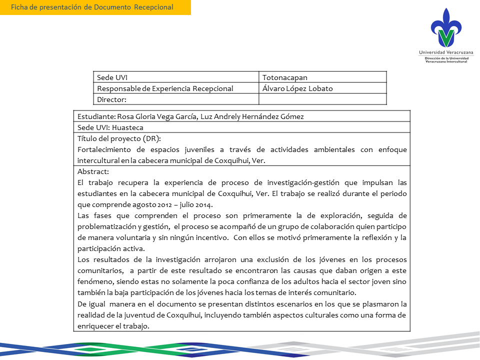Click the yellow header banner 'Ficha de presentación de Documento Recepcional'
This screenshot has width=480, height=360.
coord(95,7)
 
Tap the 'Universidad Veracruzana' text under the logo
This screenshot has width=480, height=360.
coord(446,52)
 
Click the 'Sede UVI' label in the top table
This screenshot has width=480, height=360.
coord(112,77)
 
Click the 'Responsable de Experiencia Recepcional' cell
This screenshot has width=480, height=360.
coord(165,88)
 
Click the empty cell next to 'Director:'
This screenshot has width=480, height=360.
coord(322,99)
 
